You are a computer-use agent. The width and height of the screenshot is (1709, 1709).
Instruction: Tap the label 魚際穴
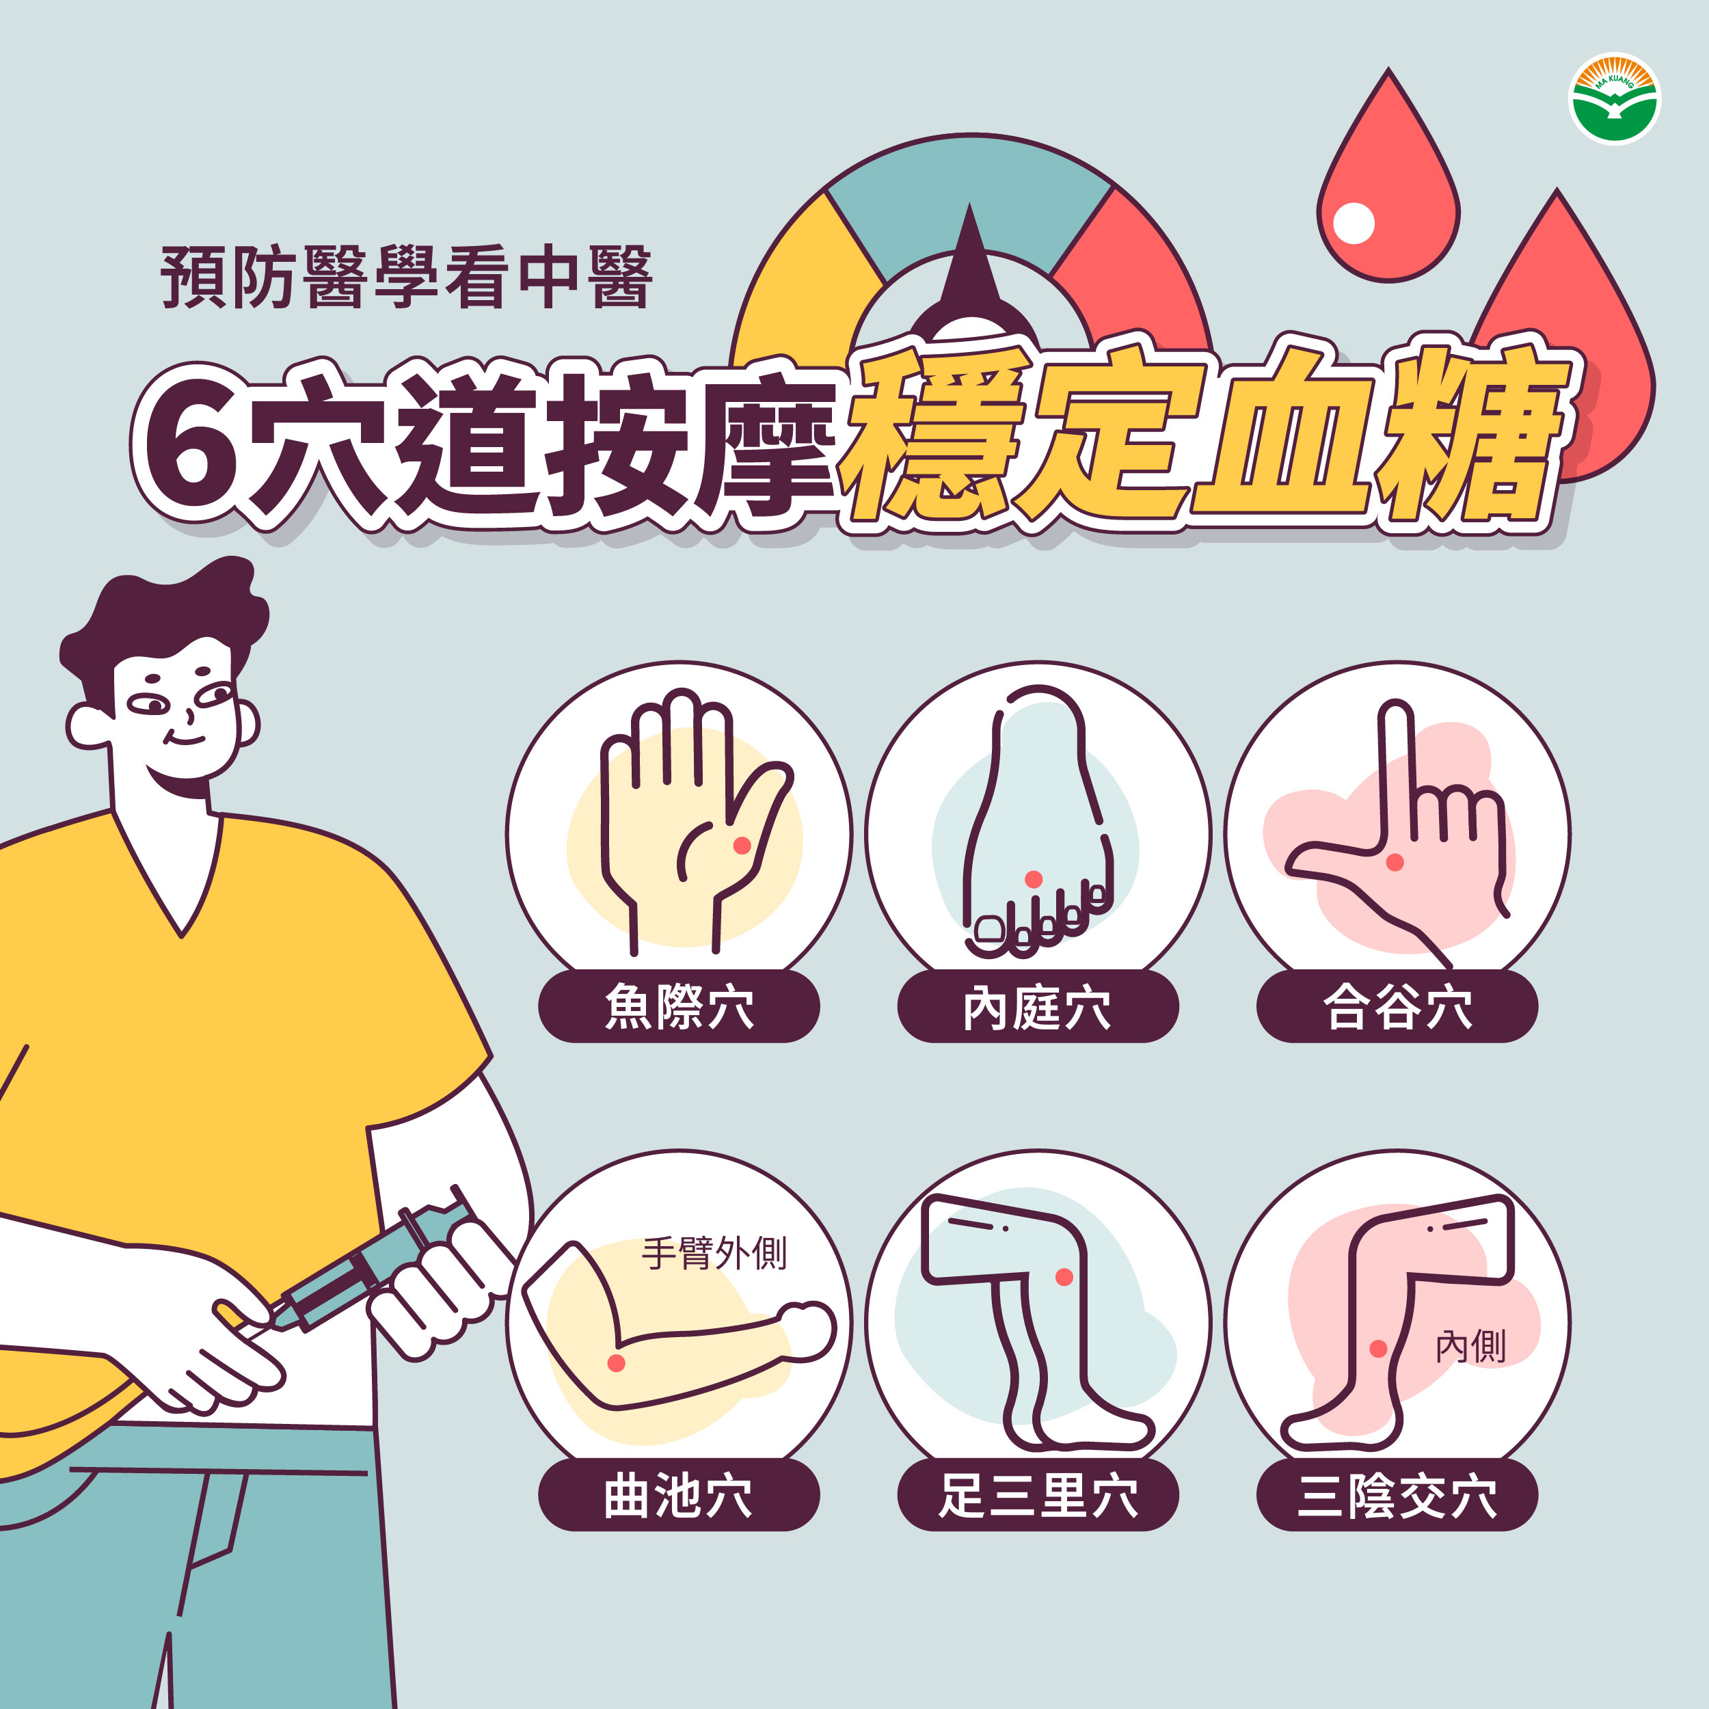(678, 1007)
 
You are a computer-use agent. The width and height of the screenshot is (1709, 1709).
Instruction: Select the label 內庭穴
(1038, 1007)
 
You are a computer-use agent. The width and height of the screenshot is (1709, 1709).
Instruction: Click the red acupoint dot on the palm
(742, 846)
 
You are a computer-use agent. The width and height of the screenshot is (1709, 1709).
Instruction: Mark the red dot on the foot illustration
(1033, 878)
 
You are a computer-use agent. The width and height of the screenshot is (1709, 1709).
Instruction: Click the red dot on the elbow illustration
(617, 1363)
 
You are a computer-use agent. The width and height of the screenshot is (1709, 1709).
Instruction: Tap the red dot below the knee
(1064, 1276)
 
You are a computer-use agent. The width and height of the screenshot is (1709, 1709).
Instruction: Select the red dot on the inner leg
(1377, 1348)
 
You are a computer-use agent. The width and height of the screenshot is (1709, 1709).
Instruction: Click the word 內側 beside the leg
(1470, 1346)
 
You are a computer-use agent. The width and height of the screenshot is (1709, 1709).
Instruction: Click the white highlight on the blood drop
(1353, 223)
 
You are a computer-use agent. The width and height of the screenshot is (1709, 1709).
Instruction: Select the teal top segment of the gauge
(971, 195)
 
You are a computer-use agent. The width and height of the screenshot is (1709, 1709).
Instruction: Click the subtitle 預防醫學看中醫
(407, 277)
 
